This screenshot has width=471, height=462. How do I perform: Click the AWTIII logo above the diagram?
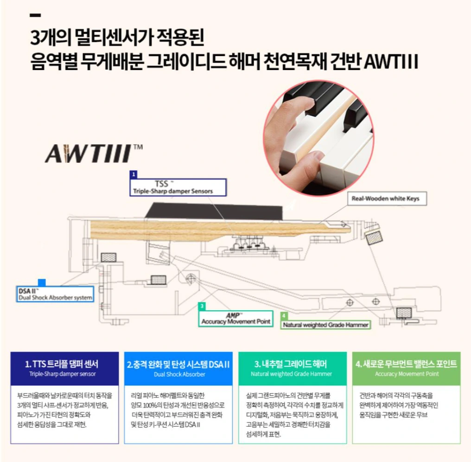coord(94,154)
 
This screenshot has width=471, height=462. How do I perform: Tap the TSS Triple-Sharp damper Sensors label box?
coord(178,187)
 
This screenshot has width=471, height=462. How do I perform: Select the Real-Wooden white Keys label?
coord(387,199)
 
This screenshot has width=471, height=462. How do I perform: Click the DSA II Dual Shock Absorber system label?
coord(55,294)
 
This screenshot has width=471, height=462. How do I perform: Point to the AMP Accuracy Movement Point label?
coord(236,319)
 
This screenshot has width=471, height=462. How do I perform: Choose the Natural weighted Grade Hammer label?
coord(325,325)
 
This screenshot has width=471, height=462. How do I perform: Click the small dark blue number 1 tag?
coord(134,174)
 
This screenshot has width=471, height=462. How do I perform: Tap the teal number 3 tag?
coord(202,306)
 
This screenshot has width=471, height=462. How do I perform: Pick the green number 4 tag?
coord(284,315)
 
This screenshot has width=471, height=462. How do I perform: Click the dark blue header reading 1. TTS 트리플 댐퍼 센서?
coord(64,369)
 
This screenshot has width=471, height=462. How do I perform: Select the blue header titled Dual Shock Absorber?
coord(178,369)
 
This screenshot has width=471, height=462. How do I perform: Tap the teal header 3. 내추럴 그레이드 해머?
coord(293,369)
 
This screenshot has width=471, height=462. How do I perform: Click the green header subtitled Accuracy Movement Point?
coord(407,369)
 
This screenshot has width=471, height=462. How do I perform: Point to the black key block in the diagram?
coord(214,212)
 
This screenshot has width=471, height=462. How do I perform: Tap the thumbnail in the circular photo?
coord(315,157)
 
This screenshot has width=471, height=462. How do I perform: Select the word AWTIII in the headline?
coord(391,62)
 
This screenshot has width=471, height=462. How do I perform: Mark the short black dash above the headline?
coord(35,15)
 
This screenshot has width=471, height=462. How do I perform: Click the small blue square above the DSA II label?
coord(42,282)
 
